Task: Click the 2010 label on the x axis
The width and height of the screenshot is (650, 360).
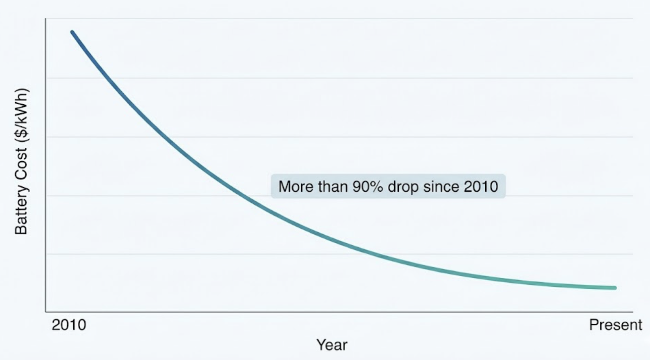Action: point(69,325)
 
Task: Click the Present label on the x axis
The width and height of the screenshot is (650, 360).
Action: point(615,325)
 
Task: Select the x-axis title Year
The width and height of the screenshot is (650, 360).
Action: point(331,345)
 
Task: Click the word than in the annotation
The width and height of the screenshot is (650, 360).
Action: point(334,186)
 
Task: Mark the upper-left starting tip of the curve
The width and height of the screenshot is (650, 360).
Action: point(72,32)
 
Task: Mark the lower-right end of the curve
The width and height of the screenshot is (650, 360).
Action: point(615,288)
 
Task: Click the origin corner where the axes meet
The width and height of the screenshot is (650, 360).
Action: point(46,312)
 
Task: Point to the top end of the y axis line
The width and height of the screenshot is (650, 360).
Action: point(46,19)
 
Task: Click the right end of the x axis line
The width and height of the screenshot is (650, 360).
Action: point(632,312)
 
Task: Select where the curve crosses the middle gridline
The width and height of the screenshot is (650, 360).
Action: point(161,137)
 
